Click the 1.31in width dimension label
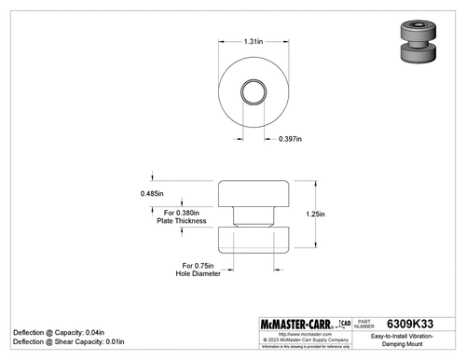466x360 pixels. point(253,42)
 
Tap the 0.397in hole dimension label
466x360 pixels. point(291,139)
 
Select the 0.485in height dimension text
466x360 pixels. point(152,193)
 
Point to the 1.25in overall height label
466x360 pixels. point(315,214)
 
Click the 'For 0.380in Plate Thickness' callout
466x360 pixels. point(180,215)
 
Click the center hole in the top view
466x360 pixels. point(254,91)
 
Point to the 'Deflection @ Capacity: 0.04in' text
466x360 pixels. point(58,332)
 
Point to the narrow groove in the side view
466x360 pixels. point(254,217)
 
